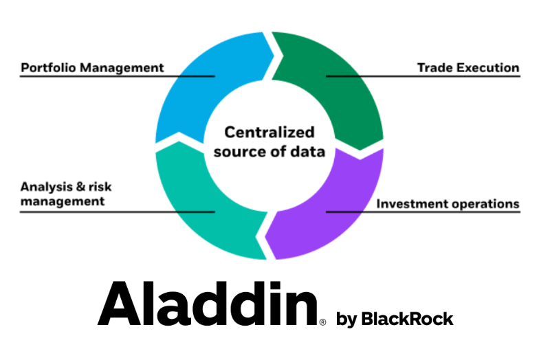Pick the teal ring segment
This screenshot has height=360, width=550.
[x=199, y=206]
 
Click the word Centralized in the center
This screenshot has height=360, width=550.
[x=269, y=132]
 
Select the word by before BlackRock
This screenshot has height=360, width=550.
[x=346, y=319]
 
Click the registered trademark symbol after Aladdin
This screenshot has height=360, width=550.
[x=323, y=321]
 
